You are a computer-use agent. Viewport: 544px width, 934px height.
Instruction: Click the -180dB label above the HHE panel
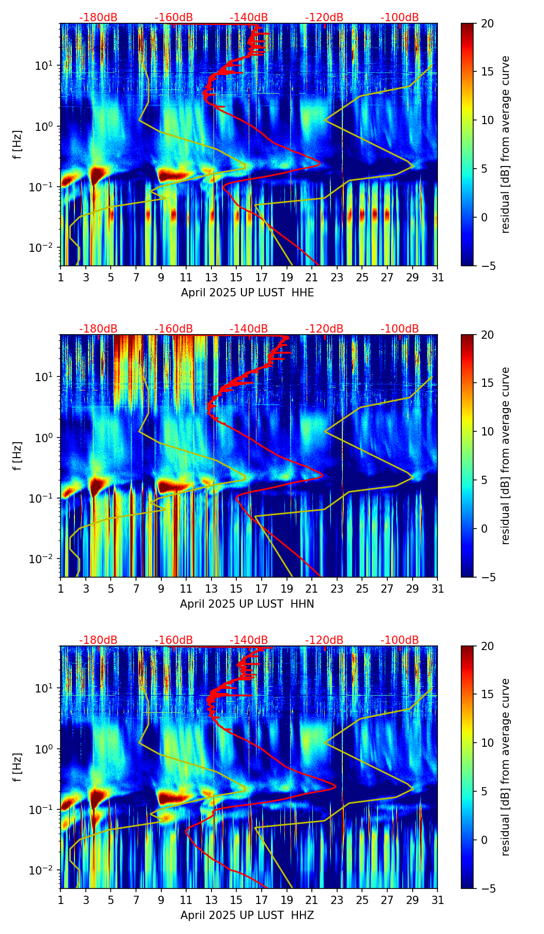pyautogui.click(x=98, y=18)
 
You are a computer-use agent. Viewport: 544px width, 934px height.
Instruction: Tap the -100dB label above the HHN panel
pyautogui.click(x=400, y=329)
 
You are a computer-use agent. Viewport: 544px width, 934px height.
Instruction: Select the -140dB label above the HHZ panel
pyautogui.click(x=249, y=640)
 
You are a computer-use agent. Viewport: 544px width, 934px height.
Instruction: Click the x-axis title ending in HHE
pyautogui.click(x=247, y=293)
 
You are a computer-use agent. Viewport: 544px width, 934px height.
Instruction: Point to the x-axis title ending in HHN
pyautogui.click(x=247, y=604)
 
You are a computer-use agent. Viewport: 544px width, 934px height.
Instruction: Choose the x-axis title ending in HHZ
pyautogui.click(x=247, y=915)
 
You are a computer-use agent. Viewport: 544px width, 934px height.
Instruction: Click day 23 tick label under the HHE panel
pyautogui.click(x=337, y=278)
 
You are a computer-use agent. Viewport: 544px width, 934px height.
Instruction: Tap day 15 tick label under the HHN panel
pyautogui.click(x=236, y=589)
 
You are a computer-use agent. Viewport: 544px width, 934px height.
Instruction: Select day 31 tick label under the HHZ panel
pyautogui.click(x=437, y=900)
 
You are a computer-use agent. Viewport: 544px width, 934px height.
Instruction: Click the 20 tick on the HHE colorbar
pyautogui.click(x=487, y=23)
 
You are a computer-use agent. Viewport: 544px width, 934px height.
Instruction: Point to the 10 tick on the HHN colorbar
pyautogui.click(x=487, y=431)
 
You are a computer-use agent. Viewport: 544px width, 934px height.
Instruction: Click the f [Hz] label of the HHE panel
pyautogui.click(x=18, y=145)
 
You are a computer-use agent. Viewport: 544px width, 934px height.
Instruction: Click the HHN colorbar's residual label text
pyautogui.click(x=506, y=456)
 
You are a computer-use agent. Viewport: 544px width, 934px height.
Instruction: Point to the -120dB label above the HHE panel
pyautogui.click(x=324, y=18)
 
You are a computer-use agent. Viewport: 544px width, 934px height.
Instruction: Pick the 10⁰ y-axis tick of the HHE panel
pyautogui.click(x=45, y=126)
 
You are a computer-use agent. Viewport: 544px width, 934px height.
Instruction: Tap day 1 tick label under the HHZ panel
pyautogui.click(x=61, y=900)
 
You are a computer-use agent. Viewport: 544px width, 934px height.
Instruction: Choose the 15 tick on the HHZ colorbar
pyautogui.click(x=487, y=695)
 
